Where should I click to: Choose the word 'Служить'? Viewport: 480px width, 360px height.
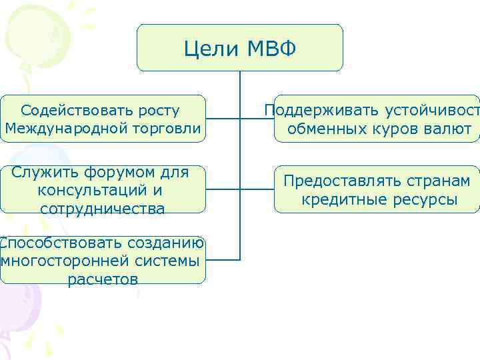39,173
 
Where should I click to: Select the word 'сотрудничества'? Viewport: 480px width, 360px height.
102,209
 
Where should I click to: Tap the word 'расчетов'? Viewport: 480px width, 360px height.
103,279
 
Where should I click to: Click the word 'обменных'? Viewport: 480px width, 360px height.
323,129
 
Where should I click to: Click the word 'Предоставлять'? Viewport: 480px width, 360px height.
341,181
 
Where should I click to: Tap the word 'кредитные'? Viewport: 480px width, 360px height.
337,199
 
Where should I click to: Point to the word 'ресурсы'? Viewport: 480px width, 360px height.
418,199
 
